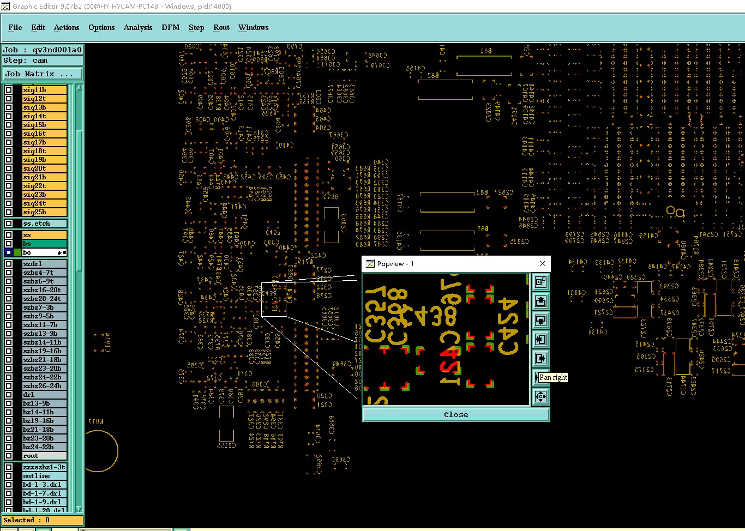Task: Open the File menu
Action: coord(15,27)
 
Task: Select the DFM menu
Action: coord(171,27)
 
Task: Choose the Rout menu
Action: coord(221,27)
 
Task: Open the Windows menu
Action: coord(254,27)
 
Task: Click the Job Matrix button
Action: coord(43,74)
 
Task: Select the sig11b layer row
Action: coord(44,90)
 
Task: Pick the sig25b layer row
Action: coord(44,212)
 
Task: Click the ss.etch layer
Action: coord(44,224)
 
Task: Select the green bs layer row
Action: coord(44,244)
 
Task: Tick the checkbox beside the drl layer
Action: coord(9,395)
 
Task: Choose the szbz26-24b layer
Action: coord(44,386)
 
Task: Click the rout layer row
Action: coord(44,456)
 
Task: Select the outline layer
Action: coord(44,476)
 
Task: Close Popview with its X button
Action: coord(543,263)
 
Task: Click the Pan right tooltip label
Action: coord(553,377)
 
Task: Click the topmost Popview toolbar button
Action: coord(540,282)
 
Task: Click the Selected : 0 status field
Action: coord(43,520)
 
